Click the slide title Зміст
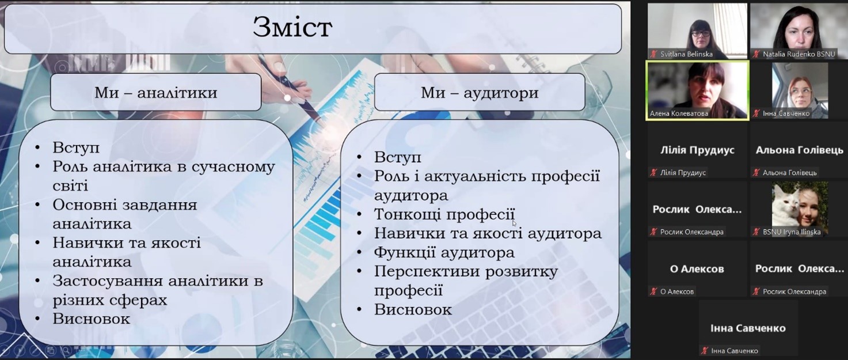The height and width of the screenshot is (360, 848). pyautogui.click(x=292, y=28)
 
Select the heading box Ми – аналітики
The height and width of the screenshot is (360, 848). pyautogui.click(x=155, y=92)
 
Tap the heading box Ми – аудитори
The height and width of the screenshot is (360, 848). pyautogui.click(x=480, y=92)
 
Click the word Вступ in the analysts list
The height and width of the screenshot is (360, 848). pyautogui.click(x=76, y=147)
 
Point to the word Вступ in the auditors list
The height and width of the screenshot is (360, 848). pyautogui.click(x=397, y=157)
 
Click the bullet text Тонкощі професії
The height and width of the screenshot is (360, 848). pyautogui.click(x=444, y=214)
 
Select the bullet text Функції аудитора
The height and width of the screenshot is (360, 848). pyautogui.click(x=444, y=252)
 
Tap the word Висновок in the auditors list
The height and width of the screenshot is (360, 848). pyautogui.click(x=413, y=310)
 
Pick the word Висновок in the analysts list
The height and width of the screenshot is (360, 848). pyautogui.click(x=91, y=319)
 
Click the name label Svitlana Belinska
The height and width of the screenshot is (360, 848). pyautogui.click(x=686, y=54)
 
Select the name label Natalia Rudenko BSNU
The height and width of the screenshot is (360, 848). pyautogui.click(x=799, y=54)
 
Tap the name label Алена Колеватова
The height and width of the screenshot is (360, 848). pyautogui.click(x=679, y=113)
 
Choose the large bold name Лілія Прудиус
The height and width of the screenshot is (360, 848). pyautogui.click(x=697, y=150)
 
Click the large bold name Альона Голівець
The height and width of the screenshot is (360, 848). pyautogui.click(x=800, y=150)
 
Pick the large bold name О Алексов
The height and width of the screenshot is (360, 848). pyautogui.click(x=697, y=269)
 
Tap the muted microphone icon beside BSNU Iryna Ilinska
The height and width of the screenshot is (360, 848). pyautogui.click(x=756, y=232)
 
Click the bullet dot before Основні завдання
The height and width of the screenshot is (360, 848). pyautogui.click(x=37, y=205)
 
